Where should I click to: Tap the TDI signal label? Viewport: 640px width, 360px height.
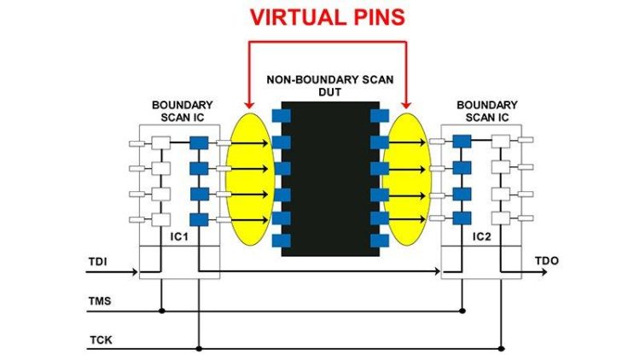(x=98, y=261)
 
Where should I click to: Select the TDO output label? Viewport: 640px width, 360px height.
(x=546, y=259)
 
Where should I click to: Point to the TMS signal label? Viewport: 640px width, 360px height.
(x=100, y=301)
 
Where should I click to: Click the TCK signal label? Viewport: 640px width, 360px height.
(x=100, y=340)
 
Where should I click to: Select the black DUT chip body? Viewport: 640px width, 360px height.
(x=330, y=179)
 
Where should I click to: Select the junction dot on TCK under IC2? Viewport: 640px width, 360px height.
(x=501, y=348)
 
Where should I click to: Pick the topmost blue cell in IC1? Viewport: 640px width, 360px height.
(x=199, y=142)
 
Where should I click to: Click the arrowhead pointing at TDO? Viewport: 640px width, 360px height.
(x=543, y=273)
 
